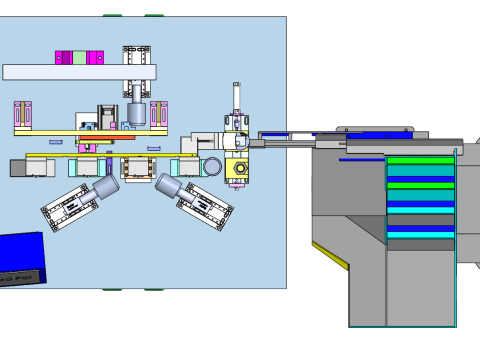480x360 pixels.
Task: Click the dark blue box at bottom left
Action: pyautogui.click(x=20, y=258)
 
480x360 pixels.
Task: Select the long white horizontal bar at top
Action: pyautogui.click(x=78, y=72)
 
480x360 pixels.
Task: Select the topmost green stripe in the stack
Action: pyautogui.click(x=420, y=160)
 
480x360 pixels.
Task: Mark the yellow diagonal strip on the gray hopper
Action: pyautogui.click(x=330, y=255)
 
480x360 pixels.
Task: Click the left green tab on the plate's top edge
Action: pyautogui.click(x=112, y=16)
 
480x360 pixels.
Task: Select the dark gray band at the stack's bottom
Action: pyautogui.click(x=420, y=245)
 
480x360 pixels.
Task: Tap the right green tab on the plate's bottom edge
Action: pyautogui.click(x=155, y=289)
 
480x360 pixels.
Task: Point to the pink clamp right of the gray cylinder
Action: pyautogui.click(x=160, y=114)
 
